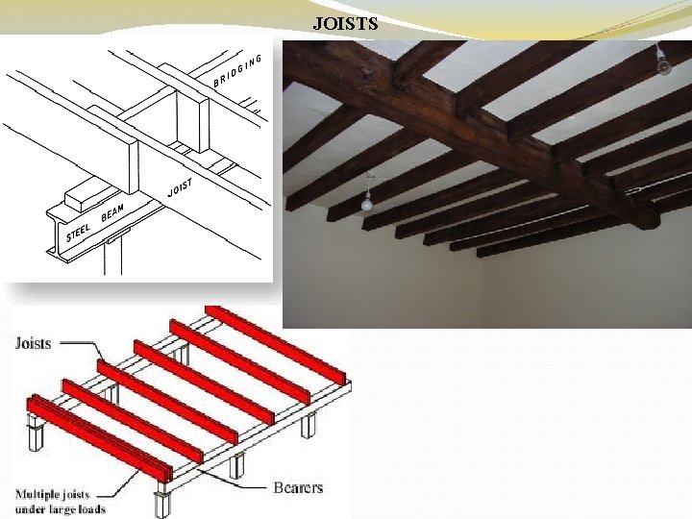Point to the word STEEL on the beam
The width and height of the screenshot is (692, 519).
tap(78, 232)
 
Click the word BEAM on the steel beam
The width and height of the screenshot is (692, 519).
tap(113, 211)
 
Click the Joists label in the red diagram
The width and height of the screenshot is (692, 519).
tap(34, 343)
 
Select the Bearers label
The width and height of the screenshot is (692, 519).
tap(298, 487)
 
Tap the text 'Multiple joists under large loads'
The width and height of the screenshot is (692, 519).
tap(60, 502)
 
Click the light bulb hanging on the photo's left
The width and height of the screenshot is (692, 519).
tap(366, 202)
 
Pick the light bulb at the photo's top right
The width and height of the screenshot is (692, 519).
tap(662, 64)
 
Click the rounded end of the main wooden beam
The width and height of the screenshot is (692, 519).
tap(648, 217)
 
